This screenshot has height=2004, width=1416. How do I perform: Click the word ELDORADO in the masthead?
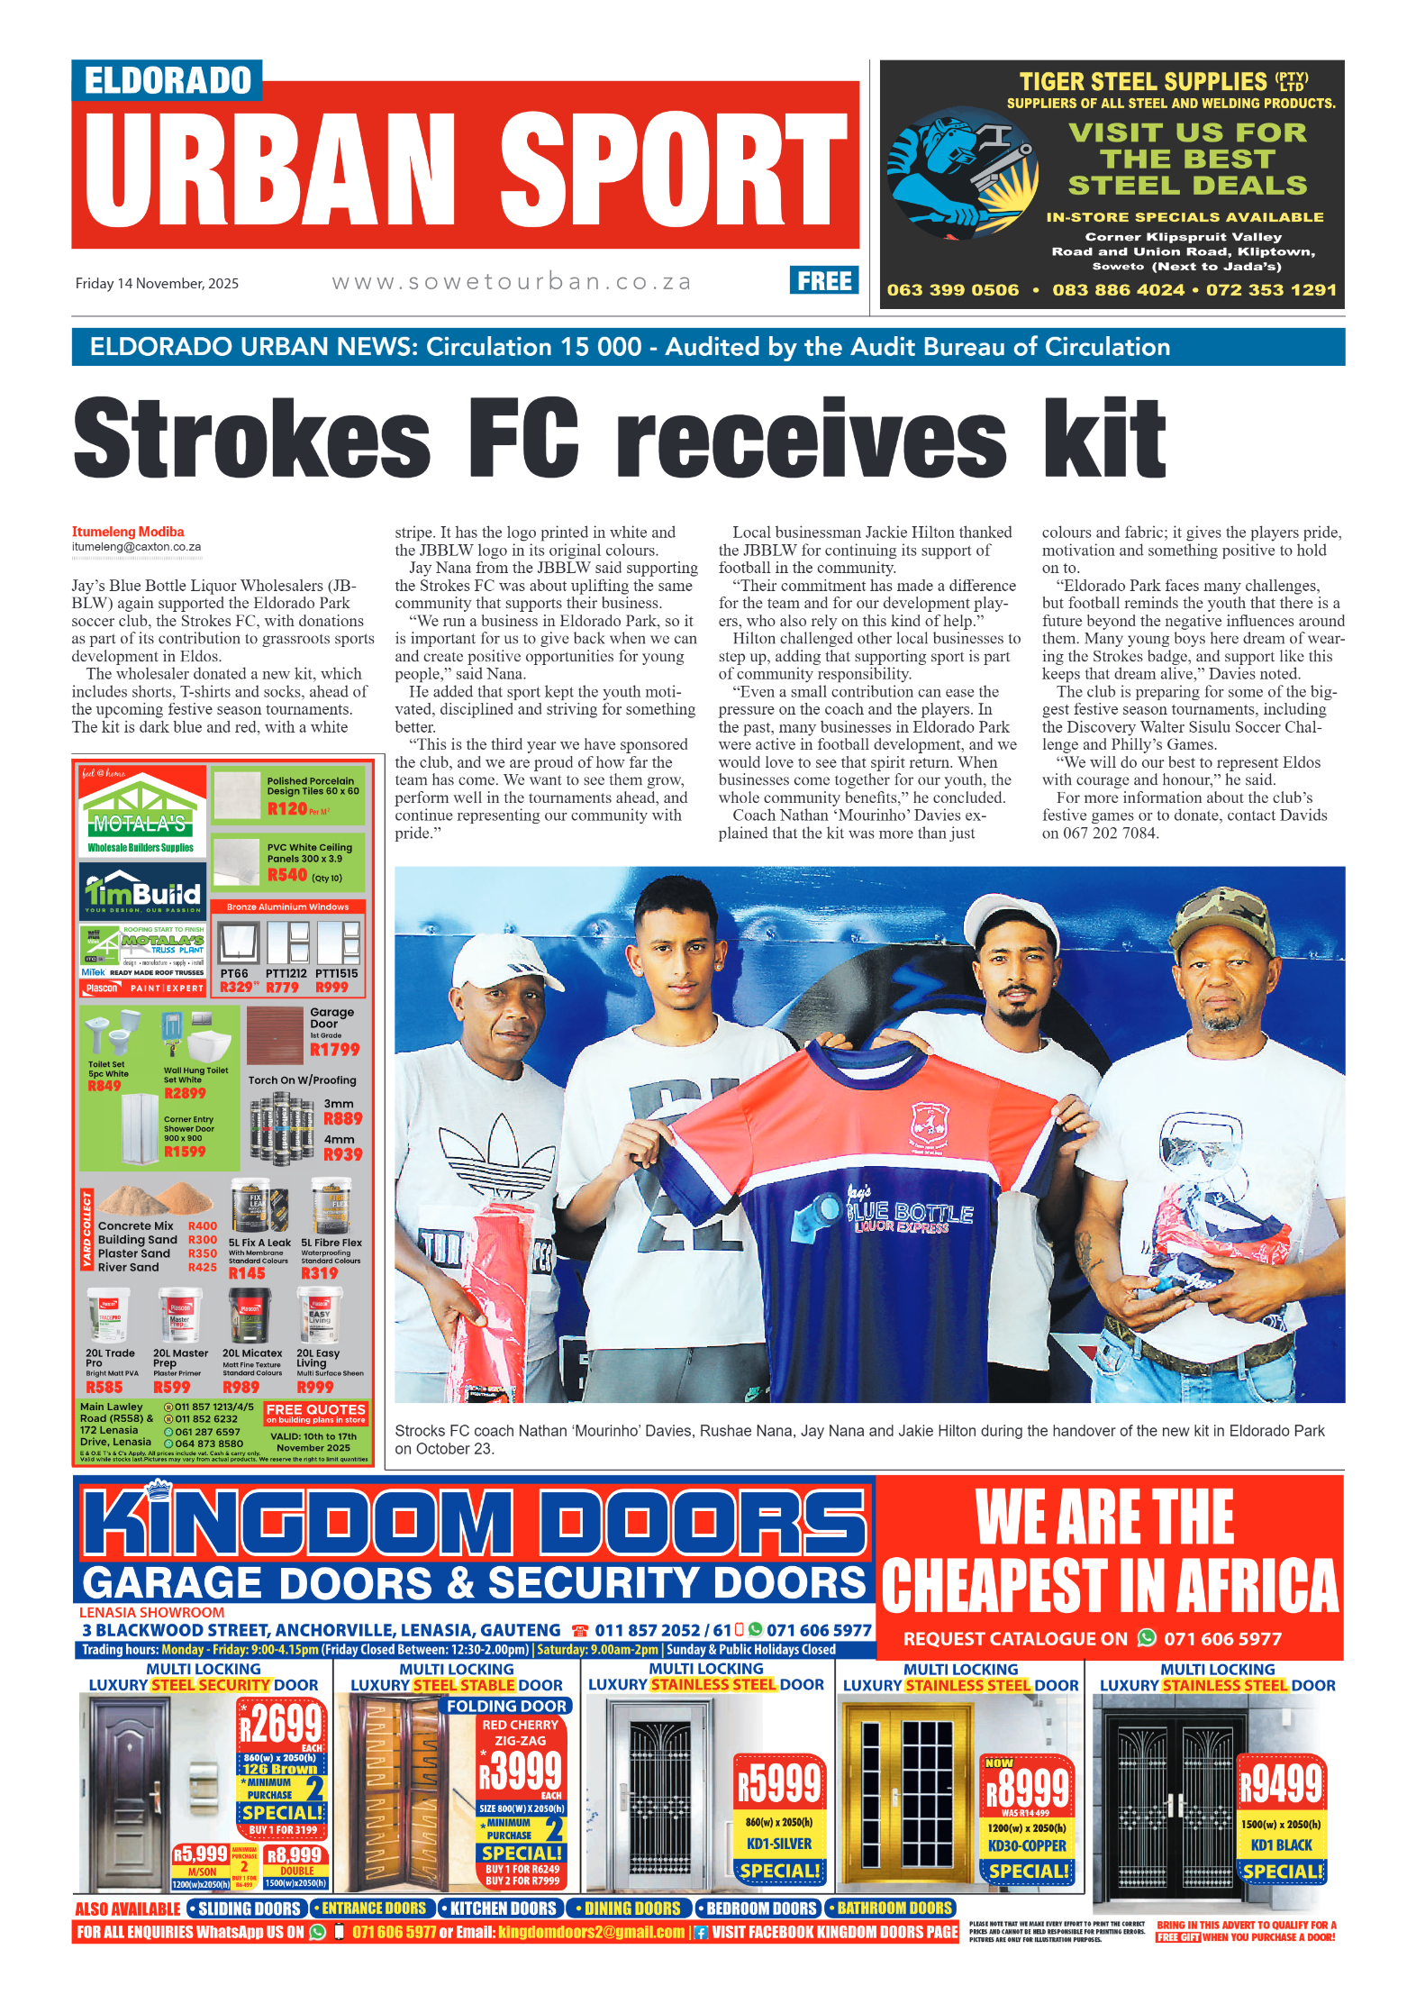coord(168,80)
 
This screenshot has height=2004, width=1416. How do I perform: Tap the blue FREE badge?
coord(823,281)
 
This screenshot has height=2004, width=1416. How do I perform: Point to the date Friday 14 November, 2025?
coord(157,283)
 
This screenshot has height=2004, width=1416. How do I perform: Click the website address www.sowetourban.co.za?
coord(512,282)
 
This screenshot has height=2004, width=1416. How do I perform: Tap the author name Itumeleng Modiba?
coord(128,532)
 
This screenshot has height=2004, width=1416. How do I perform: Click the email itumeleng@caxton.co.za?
coord(136,547)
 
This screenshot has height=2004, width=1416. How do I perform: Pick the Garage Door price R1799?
coord(334,1050)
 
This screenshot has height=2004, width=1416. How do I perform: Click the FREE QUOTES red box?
coord(315,1412)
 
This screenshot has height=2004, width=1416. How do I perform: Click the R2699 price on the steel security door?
coord(281,1725)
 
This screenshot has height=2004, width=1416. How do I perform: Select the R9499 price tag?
coord(1281,1783)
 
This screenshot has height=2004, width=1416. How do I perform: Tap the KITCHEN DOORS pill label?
coord(503,1908)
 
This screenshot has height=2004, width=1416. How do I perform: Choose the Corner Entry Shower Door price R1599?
coord(185,1152)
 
